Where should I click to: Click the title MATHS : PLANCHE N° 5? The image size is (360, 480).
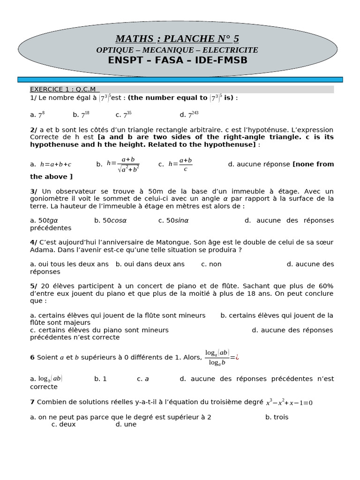(177, 38)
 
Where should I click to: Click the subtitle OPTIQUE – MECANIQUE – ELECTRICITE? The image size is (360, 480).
(177, 50)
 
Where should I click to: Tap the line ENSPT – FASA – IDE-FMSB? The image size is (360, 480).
(177, 60)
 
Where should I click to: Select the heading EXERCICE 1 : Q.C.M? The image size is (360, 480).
(63, 89)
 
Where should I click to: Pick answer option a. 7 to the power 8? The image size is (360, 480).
(37, 114)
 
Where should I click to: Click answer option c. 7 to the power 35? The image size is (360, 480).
(124, 114)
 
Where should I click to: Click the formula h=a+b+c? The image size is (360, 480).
(55, 165)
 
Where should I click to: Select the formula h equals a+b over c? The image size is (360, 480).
(180, 165)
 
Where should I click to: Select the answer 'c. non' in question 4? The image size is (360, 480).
(211, 264)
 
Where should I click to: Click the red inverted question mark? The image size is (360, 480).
(237, 357)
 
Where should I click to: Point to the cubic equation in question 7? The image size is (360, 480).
(289, 402)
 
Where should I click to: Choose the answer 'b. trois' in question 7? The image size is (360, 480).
(277, 417)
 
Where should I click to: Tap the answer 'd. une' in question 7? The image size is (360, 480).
(126, 424)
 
